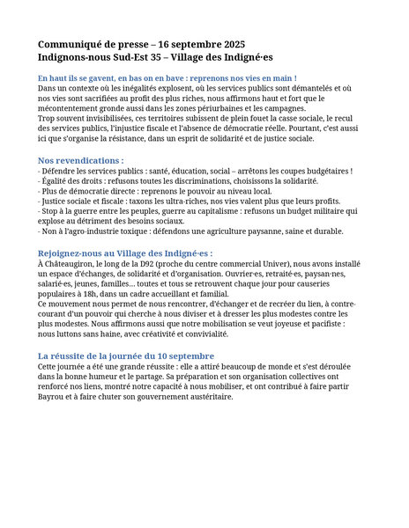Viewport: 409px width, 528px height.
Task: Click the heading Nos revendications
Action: click(79, 160)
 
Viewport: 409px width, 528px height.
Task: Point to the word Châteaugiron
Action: click(71, 262)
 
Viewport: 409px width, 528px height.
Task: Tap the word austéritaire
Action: click(209, 396)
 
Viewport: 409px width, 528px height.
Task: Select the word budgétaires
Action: click(323, 171)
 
